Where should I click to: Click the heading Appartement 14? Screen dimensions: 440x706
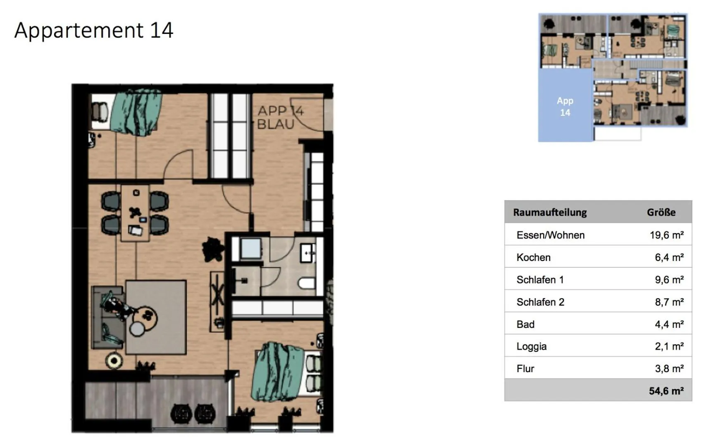tap(94, 30)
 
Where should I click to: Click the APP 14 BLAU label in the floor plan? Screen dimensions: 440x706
tap(280, 117)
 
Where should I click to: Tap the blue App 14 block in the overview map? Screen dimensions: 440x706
tap(565, 106)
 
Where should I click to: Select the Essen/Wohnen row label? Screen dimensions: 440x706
tap(550, 235)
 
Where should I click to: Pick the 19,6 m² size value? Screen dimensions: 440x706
tap(666, 235)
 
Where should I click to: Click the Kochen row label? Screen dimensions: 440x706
tap(533, 258)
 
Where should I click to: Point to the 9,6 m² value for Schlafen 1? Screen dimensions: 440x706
tap(669, 280)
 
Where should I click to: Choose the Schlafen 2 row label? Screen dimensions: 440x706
tap(540, 302)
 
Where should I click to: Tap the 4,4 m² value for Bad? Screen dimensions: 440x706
tap(669, 325)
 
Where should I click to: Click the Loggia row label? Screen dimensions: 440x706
tap(531, 347)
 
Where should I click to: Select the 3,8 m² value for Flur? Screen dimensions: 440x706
tap(669, 369)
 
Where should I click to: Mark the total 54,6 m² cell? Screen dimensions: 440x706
tap(666, 391)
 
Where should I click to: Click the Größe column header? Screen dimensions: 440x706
tap(661, 213)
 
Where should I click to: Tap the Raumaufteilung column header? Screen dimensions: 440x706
tap(550, 213)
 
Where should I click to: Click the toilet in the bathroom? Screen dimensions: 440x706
tap(306, 284)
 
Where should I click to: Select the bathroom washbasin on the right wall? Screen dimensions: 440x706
tap(308, 252)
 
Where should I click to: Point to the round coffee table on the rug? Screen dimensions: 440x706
tap(146, 317)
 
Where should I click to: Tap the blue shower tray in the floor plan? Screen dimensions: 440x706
tap(250, 248)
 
